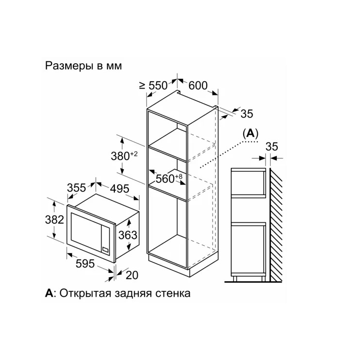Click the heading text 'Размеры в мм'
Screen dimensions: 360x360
(83, 66)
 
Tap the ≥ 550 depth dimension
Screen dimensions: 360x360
(153, 86)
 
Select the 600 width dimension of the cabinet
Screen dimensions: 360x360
(198, 86)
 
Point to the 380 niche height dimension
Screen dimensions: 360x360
(124, 156)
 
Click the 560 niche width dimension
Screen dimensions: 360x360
(169, 179)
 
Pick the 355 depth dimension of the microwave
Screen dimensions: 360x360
(76, 188)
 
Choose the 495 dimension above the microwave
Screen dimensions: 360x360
(120, 189)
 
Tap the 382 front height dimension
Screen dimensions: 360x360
(54, 220)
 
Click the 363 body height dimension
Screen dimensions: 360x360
(127, 235)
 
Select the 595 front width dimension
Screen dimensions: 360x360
(85, 264)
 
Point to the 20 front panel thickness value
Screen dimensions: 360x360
(132, 275)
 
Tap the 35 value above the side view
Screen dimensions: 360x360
(272, 147)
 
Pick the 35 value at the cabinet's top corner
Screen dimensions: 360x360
(247, 114)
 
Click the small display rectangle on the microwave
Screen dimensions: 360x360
(106, 249)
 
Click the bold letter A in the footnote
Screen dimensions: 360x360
(49, 293)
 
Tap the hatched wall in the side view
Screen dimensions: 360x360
(276, 225)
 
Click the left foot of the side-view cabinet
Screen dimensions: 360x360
(234, 278)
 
